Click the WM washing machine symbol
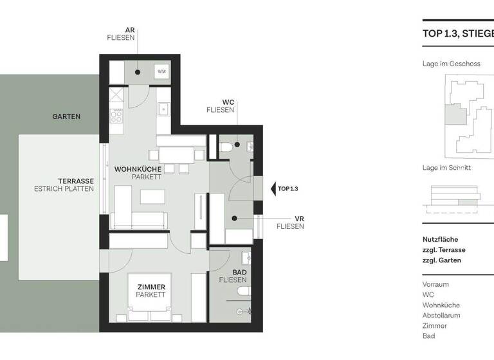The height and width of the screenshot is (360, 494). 161,71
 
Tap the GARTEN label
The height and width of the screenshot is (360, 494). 66,117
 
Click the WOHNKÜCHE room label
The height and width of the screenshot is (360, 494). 138,169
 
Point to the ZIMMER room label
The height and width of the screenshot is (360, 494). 151,287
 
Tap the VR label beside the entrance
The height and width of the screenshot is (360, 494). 281,218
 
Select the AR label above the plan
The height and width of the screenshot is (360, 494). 129,30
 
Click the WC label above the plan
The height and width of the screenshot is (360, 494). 228,102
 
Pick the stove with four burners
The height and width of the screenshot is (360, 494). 118,116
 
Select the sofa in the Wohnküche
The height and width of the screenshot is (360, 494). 138,220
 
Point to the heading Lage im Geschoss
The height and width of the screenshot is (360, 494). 447,64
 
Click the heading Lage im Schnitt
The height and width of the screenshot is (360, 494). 446,168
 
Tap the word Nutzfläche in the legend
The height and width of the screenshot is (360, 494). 441,239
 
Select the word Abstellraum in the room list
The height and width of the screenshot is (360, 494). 441,316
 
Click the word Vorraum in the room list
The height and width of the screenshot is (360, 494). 435,284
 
